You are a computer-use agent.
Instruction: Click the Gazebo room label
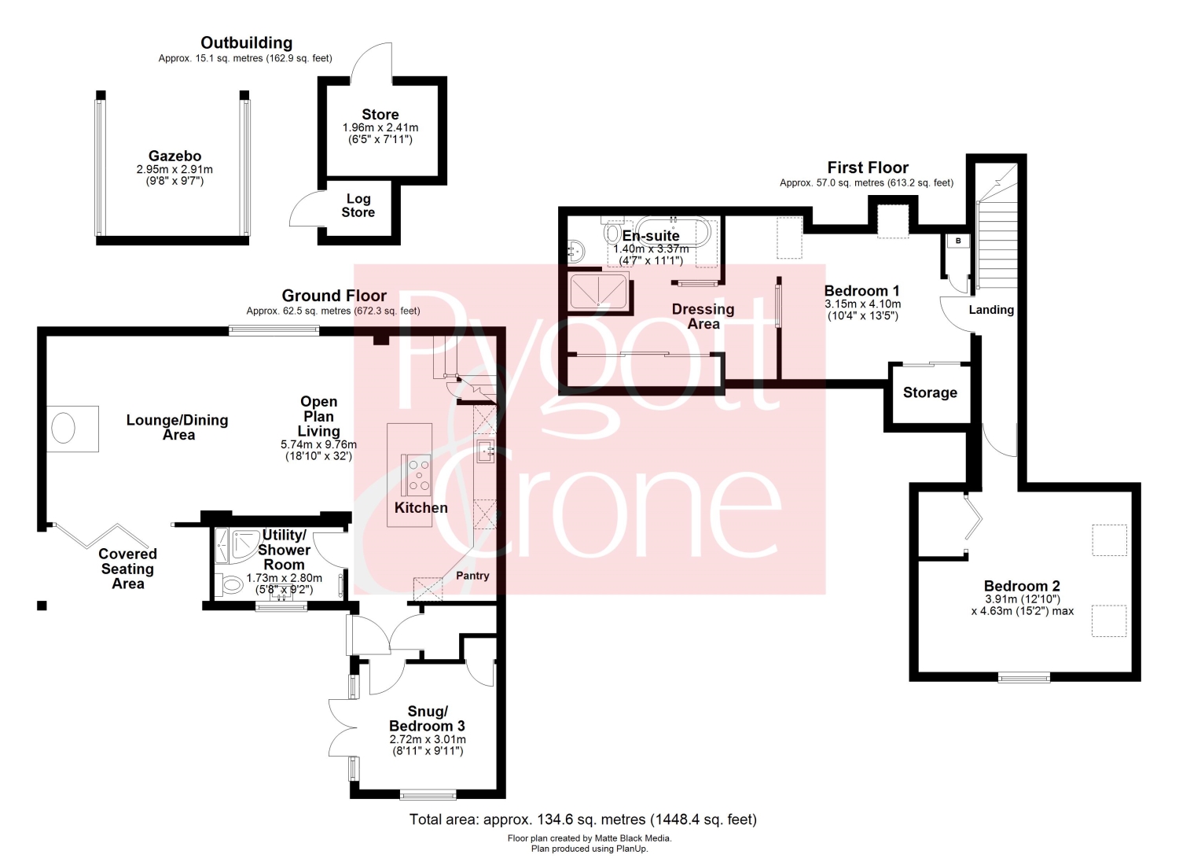click(x=174, y=156)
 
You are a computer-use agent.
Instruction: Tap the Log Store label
click(x=358, y=205)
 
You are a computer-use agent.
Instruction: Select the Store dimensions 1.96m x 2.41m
click(x=380, y=127)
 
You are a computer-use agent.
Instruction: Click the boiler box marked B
click(x=958, y=241)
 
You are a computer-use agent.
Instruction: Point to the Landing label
click(x=991, y=310)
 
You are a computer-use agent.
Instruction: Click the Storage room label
click(x=930, y=392)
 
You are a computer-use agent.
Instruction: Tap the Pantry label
click(x=472, y=576)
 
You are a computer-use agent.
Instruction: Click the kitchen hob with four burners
click(x=418, y=475)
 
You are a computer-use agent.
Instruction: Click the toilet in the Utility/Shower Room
click(x=230, y=584)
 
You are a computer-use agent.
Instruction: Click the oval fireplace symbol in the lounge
click(x=63, y=428)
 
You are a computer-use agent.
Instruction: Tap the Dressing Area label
click(x=703, y=317)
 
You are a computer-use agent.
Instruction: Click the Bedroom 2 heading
click(x=1022, y=586)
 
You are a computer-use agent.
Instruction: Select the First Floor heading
click(x=868, y=168)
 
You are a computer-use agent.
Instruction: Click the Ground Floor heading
click(x=334, y=296)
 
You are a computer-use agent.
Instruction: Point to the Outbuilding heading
click(x=246, y=42)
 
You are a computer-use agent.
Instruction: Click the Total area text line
click(x=583, y=819)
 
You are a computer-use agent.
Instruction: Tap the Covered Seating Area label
click(x=128, y=569)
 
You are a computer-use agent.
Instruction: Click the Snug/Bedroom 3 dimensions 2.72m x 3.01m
click(x=428, y=739)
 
